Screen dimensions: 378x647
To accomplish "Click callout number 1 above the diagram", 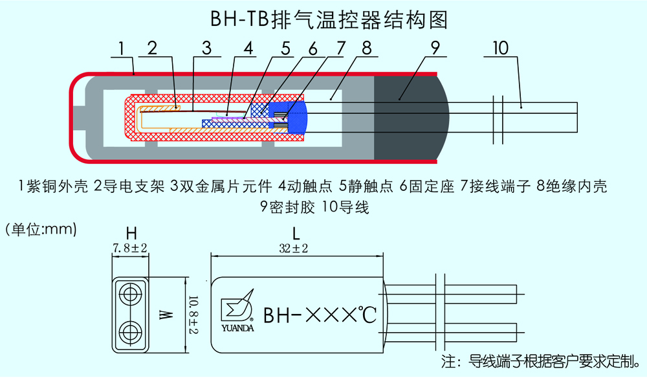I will point(121,48).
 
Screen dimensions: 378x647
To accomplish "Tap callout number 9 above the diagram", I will point(435,48).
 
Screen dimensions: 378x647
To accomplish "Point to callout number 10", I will point(500,48).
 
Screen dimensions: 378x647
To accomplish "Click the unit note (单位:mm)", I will point(40,228).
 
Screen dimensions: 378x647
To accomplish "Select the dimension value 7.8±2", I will point(131,248).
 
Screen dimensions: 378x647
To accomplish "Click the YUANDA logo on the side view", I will point(237,315).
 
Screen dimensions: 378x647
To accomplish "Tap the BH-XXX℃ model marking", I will point(320,315).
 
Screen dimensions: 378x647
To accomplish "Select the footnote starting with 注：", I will point(541,359).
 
